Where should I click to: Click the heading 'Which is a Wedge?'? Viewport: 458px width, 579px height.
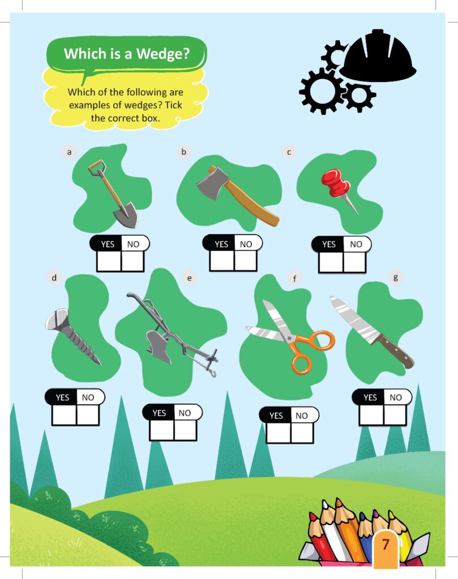[126, 54]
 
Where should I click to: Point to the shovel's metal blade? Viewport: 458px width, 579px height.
[125, 216]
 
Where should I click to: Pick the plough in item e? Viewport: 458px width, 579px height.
[159, 345]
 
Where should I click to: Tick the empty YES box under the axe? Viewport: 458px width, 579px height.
[221, 260]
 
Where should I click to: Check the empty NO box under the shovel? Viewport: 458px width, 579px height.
[132, 261]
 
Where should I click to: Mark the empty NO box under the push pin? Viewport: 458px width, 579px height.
[354, 262]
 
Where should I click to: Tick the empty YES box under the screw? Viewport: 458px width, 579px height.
[64, 414]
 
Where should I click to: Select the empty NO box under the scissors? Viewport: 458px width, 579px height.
[301, 433]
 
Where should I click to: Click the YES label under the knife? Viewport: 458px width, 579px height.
[370, 397]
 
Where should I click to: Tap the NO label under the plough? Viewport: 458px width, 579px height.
[185, 413]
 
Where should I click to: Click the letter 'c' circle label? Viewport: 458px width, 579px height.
[289, 152]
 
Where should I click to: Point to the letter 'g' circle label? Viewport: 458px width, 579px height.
[395, 277]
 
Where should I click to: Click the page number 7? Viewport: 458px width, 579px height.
[386, 545]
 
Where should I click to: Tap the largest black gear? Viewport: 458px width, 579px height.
[321, 90]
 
